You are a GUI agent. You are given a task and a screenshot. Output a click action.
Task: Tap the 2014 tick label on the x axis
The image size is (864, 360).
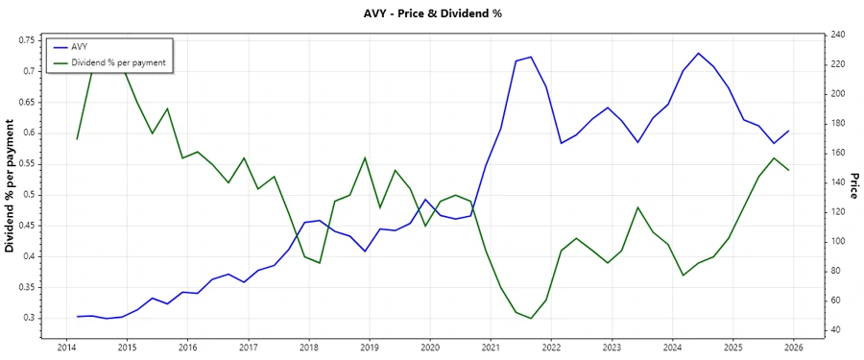click(66, 347)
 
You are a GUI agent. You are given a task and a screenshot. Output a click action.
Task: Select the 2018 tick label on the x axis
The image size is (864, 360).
click(309, 347)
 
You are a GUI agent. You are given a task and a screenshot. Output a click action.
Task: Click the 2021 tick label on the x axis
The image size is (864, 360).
click(491, 347)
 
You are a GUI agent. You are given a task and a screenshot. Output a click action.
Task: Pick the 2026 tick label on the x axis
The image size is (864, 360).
click(794, 347)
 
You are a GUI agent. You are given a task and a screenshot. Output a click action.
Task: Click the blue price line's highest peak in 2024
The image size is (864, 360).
click(698, 53)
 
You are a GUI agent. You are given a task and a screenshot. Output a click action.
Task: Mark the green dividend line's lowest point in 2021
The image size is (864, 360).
click(531, 318)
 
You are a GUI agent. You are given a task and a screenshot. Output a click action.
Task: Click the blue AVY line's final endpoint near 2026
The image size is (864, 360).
click(788, 131)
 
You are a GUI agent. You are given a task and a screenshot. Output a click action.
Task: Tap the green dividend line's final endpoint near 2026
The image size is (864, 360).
click(788, 170)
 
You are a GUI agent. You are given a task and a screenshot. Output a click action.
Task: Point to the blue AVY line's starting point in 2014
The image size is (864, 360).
click(77, 316)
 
